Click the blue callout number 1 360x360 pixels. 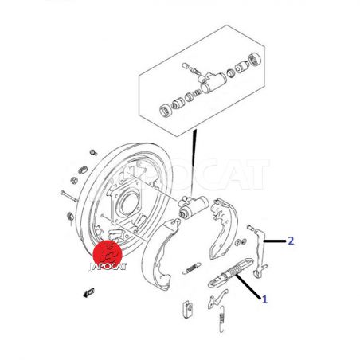[264, 299]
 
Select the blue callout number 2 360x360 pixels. [291, 241]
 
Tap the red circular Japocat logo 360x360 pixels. [108, 254]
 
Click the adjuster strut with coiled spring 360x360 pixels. [230, 272]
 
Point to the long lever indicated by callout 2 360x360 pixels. [261, 252]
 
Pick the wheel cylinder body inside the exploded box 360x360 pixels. [211, 82]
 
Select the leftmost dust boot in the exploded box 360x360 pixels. [166, 111]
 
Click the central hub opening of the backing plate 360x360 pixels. [130, 203]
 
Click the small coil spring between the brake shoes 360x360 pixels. [192, 268]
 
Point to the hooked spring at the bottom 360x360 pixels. [221, 319]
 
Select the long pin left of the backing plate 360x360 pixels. [69, 196]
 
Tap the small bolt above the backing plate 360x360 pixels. [93, 153]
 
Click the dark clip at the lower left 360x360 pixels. [88, 292]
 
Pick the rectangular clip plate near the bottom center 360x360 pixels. [188, 309]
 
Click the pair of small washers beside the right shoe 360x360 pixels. [241, 241]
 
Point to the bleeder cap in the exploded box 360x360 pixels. [185, 65]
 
